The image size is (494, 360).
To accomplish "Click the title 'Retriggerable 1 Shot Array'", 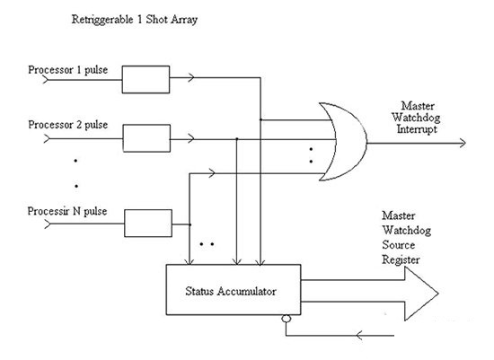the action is (135, 20).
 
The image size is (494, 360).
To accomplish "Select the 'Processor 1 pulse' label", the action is (68, 70).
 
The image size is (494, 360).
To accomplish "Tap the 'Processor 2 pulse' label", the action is (68, 125).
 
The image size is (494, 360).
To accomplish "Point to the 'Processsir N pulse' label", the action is (67, 211).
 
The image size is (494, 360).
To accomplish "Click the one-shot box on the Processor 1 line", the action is (146, 79).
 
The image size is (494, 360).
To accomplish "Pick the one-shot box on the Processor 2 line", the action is (146, 138).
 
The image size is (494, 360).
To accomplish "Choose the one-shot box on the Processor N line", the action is (148, 223).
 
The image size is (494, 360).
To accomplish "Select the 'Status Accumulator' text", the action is (231, 291).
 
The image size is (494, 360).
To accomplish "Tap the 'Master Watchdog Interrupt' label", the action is (416, 118).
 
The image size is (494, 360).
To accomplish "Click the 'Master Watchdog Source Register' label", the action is (406, 238).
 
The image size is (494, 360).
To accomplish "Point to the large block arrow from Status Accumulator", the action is (369, 294).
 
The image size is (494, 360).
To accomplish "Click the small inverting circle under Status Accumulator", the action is (286, 319).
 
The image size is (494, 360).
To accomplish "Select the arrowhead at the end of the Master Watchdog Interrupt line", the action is (463, 143).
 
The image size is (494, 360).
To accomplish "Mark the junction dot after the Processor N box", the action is (190, 224).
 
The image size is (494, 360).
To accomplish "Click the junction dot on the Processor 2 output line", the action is (237, 138).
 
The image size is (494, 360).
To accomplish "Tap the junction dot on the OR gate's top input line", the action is (260, 119).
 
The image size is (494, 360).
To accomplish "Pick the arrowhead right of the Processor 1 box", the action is (191, 77).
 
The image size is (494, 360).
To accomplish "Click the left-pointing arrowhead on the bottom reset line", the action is (359, 336).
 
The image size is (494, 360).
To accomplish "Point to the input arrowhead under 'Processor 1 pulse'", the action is (46, 80).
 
